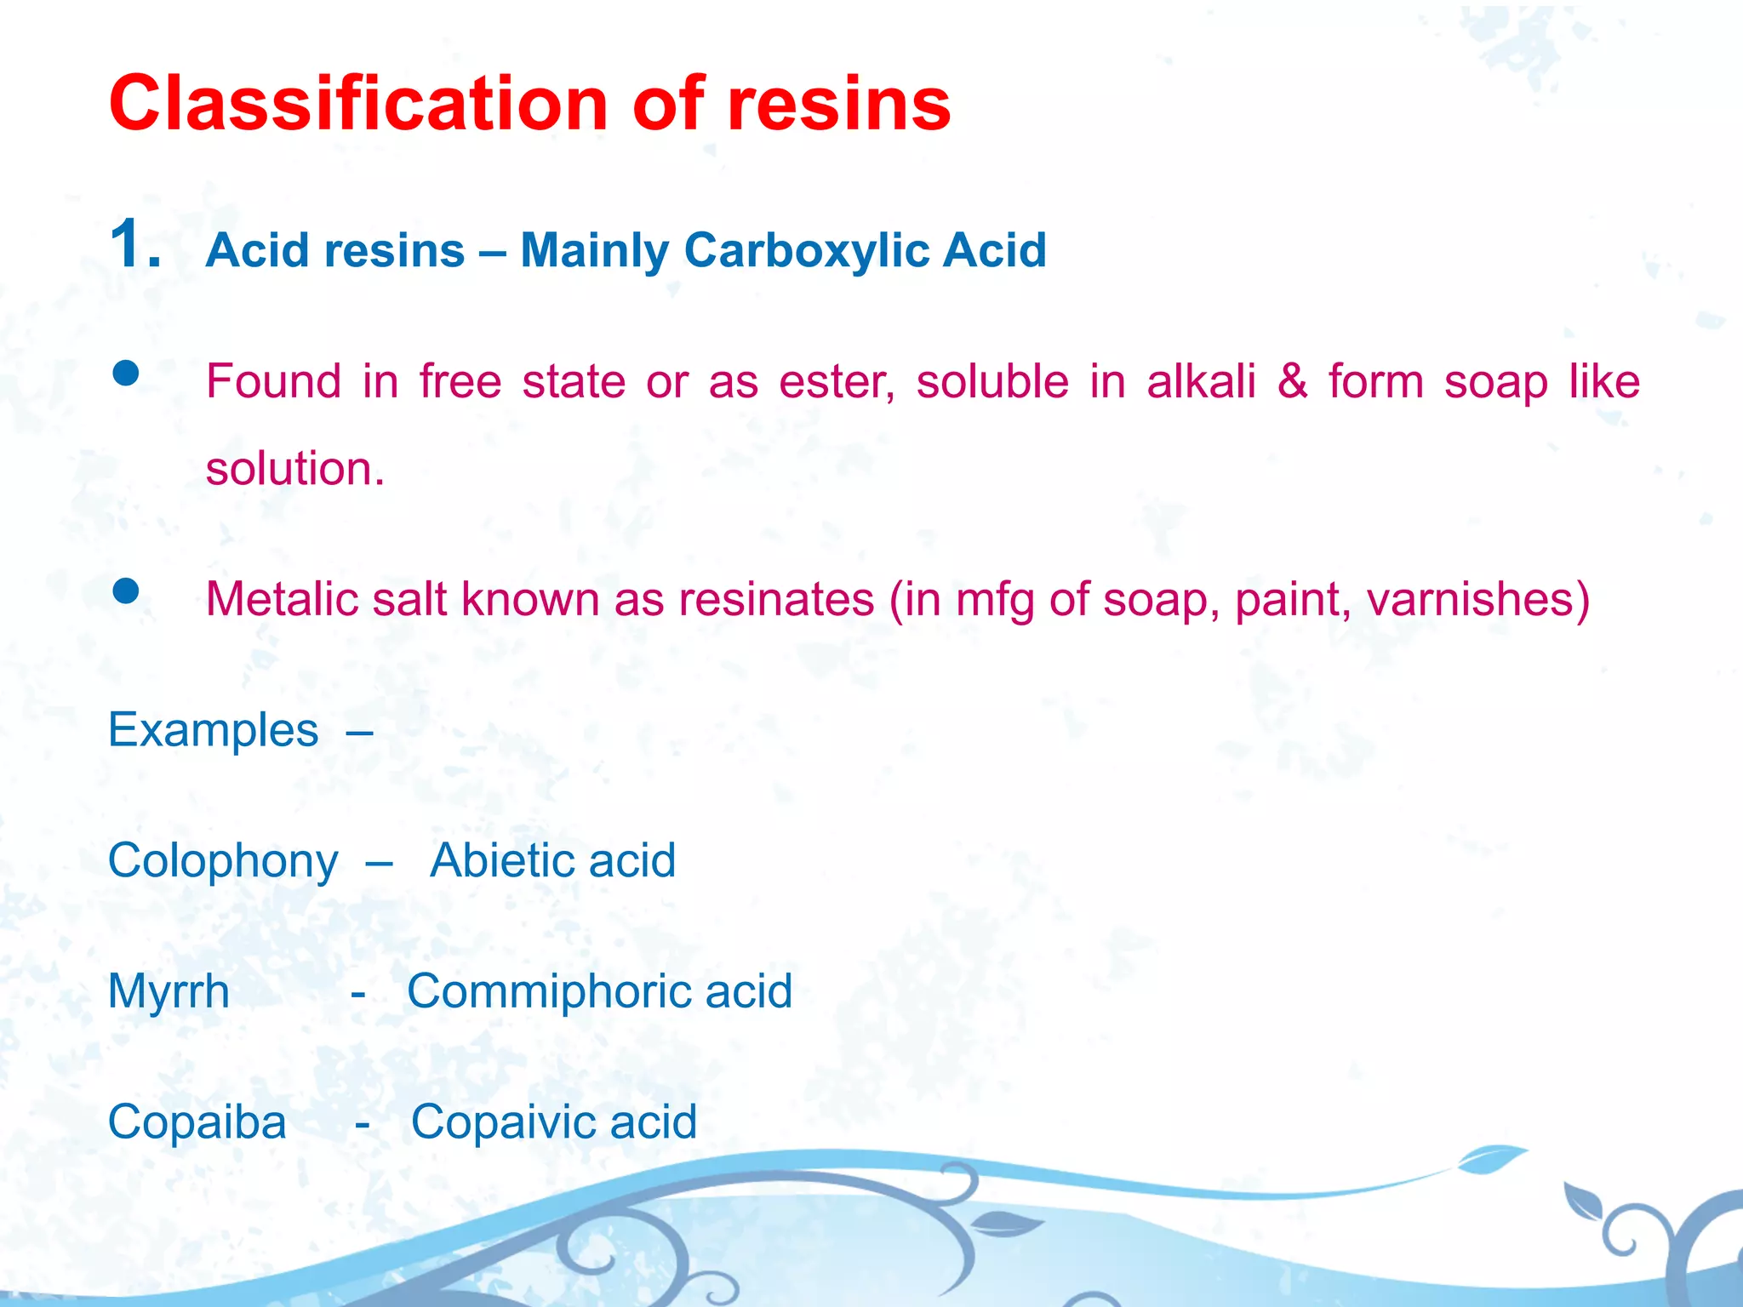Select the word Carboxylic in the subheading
(806, 250)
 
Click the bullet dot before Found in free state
(126, 374)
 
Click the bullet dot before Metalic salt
(126, 591)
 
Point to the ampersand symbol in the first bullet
(1292, 380)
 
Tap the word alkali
(1201, 380)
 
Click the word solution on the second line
(294, 469)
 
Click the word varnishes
(1477, 599)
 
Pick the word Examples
(213, 730)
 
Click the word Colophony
(223, 861)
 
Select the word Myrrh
(169, 992)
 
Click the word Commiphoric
(549, 991)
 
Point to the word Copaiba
(197, 1122)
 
